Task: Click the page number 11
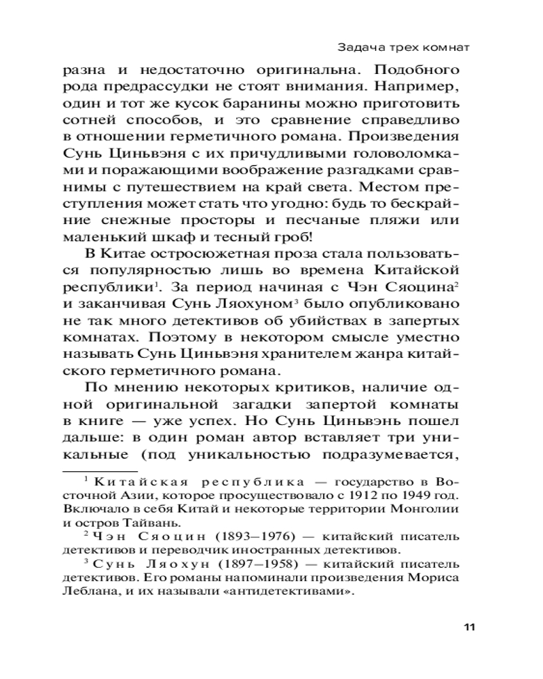point(468,626)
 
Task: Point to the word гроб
point(289,238)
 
